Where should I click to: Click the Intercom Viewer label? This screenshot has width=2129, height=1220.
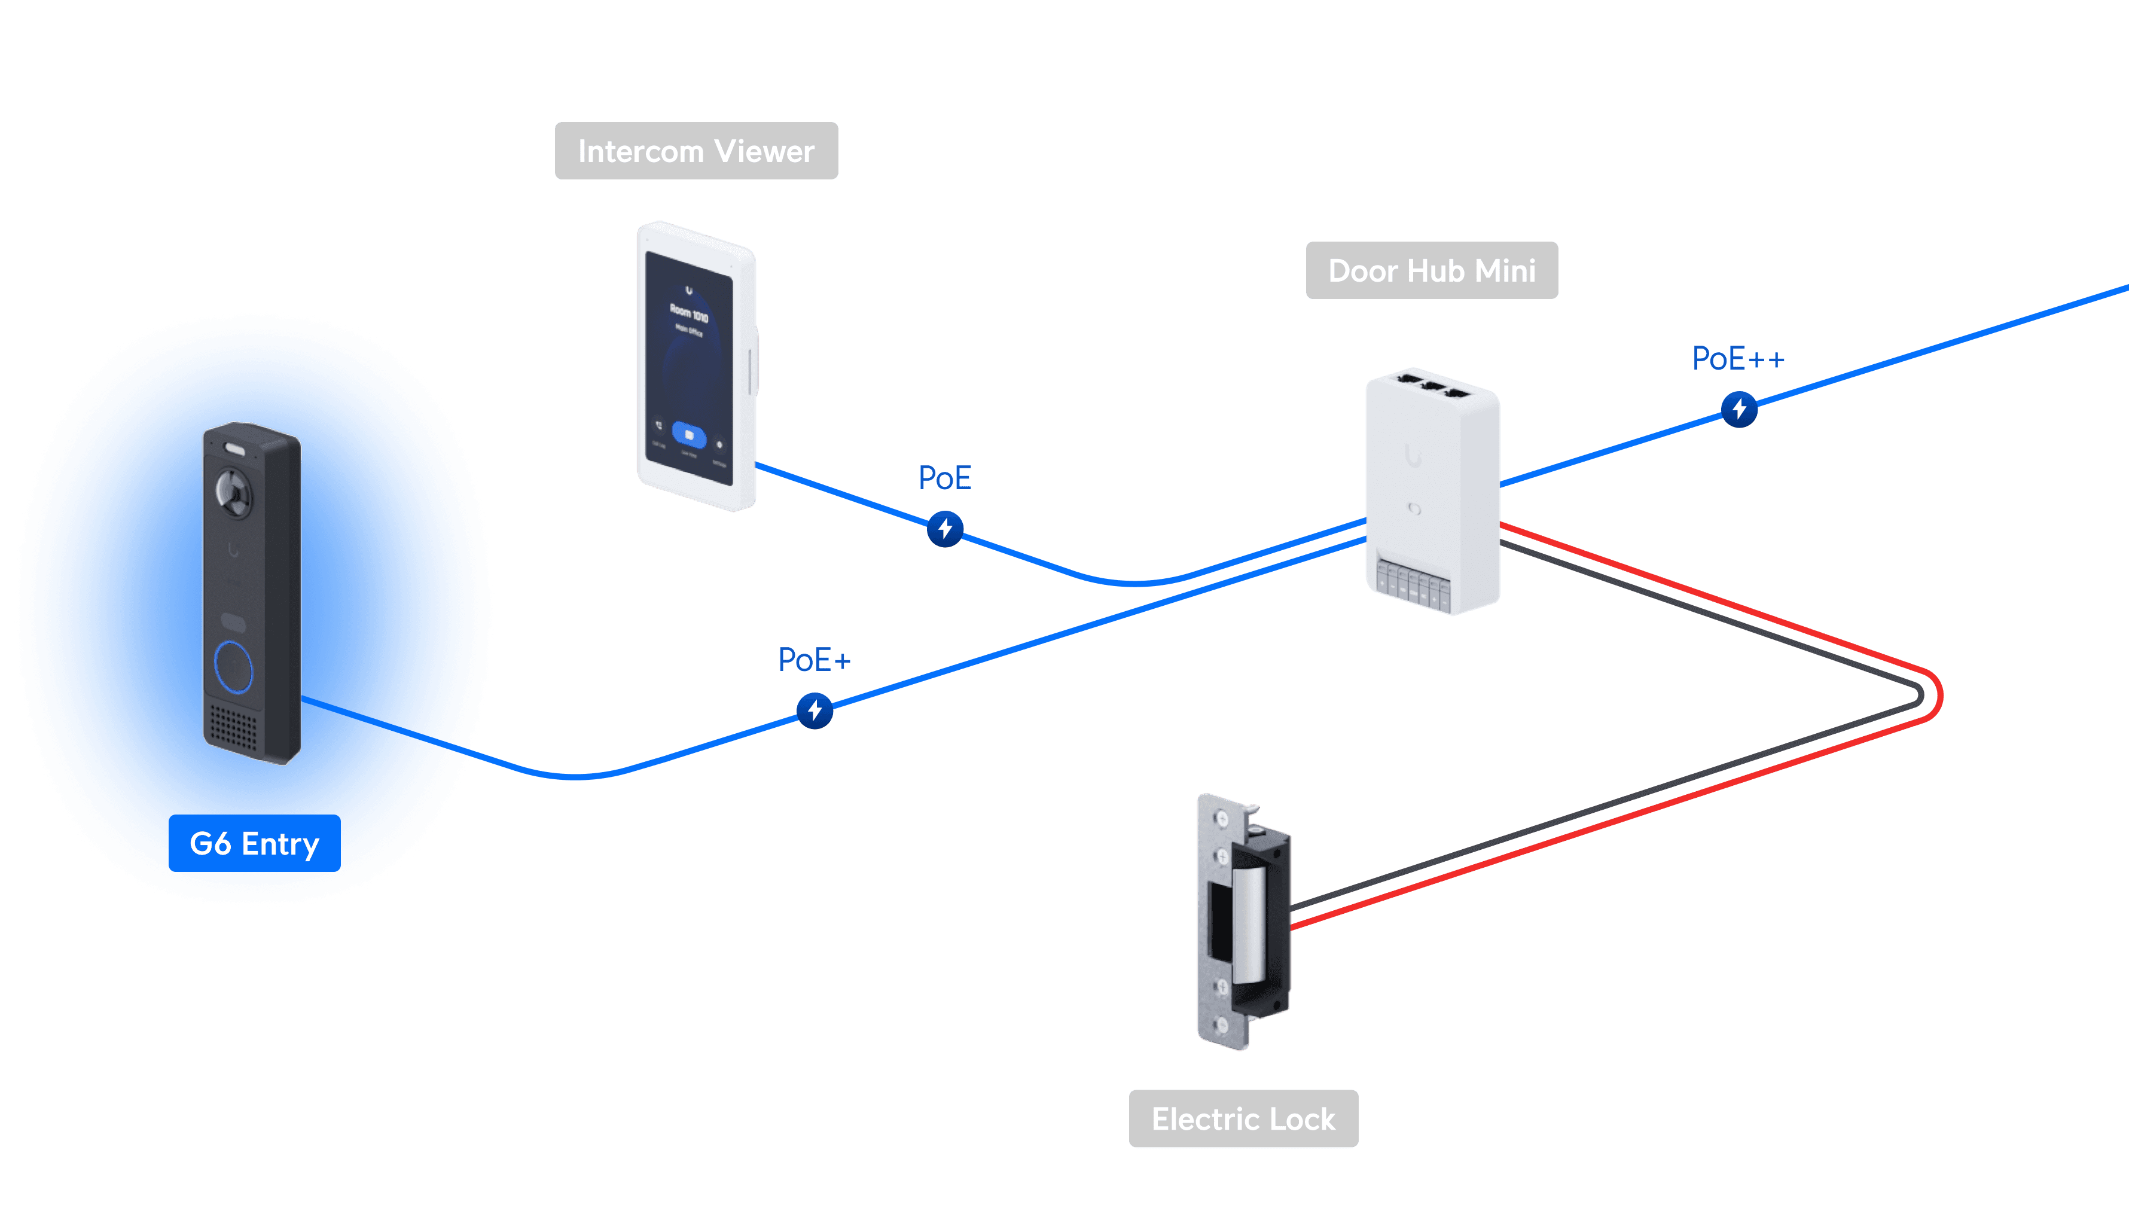696,151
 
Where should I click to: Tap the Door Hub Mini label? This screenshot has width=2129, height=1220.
1431,271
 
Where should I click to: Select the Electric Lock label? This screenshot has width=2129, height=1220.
1243,1118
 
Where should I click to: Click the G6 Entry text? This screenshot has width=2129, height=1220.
255,844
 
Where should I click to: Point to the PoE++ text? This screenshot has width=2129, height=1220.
1738,359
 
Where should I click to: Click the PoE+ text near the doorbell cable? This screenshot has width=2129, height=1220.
813,660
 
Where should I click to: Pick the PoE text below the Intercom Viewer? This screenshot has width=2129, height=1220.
944,478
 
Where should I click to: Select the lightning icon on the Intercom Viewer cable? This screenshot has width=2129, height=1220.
945,529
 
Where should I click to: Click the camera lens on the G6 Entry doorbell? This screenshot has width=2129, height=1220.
234,491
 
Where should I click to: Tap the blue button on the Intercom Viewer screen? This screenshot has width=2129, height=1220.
689,435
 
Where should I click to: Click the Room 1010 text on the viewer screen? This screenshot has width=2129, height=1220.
689,313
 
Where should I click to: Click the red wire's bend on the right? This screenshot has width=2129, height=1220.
1939,695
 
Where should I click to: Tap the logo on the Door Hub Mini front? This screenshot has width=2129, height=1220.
1414,457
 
